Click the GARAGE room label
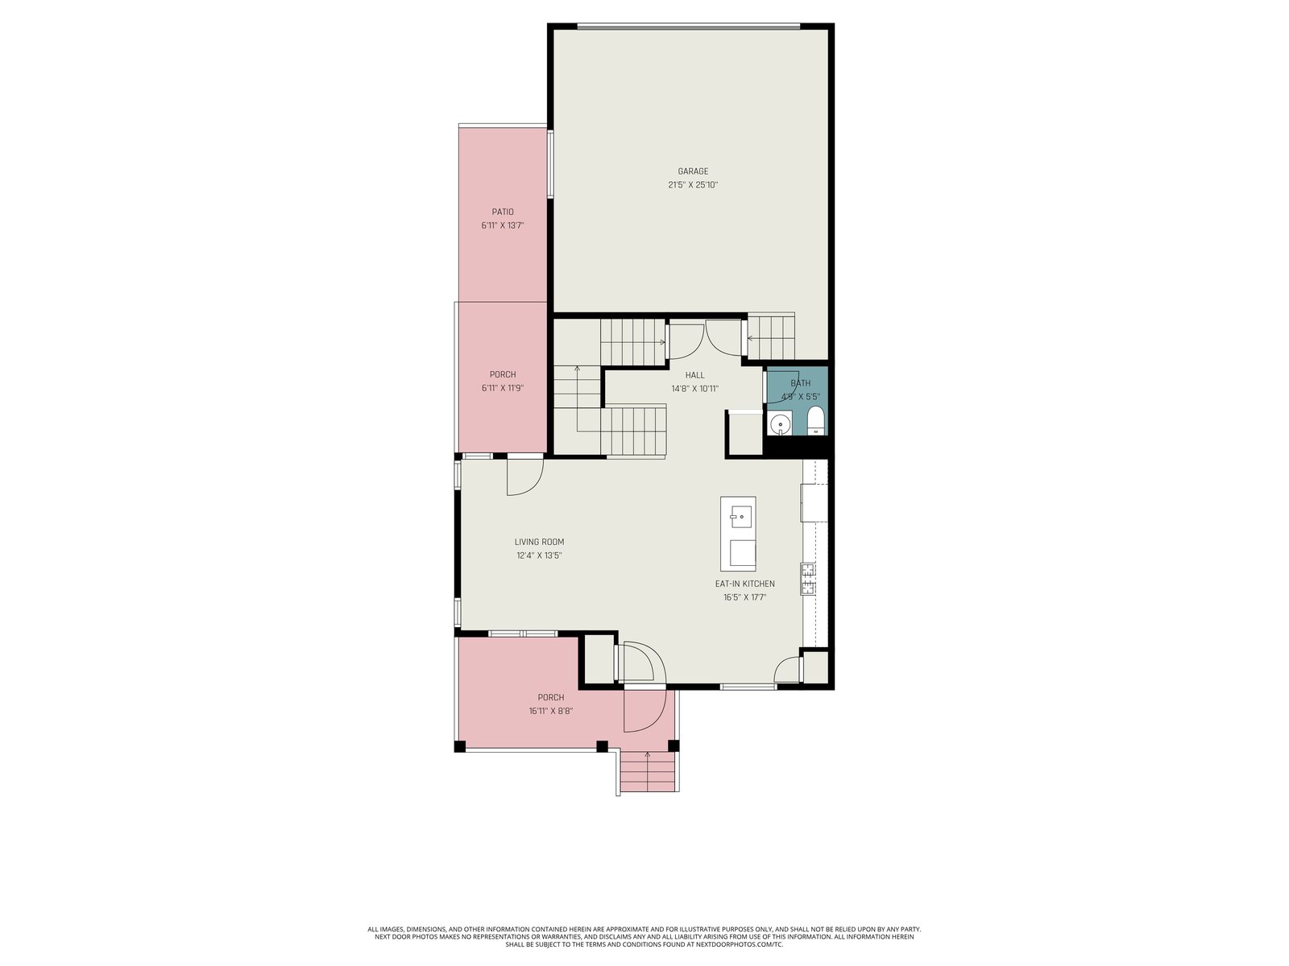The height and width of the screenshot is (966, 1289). click(693, 171)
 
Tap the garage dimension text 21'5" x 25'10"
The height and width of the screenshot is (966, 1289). click(693, 185)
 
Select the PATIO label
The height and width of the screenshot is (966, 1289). click(503, 212)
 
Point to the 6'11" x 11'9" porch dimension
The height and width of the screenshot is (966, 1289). click(503, 388)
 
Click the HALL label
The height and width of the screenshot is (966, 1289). click(694, 375)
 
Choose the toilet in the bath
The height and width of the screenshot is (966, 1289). click(814, 421)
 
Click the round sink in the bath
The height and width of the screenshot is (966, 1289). click(780, 423)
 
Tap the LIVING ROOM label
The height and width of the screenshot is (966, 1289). click(539, 542)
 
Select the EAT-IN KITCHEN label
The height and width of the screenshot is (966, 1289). click(744, 584)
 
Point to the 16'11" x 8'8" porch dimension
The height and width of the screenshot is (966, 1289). click(551, 711)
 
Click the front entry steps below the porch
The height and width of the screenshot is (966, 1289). click(648, 772)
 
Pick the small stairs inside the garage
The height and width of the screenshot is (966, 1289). click(770, 336)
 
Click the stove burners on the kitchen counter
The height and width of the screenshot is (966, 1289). click(807, 578)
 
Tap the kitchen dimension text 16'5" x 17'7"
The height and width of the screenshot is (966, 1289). click(744, 597)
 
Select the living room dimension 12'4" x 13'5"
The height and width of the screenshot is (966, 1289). click(539, 555)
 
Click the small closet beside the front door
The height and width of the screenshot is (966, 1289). click(599, 659)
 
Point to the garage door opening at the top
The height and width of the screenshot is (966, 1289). click(688, 26)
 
